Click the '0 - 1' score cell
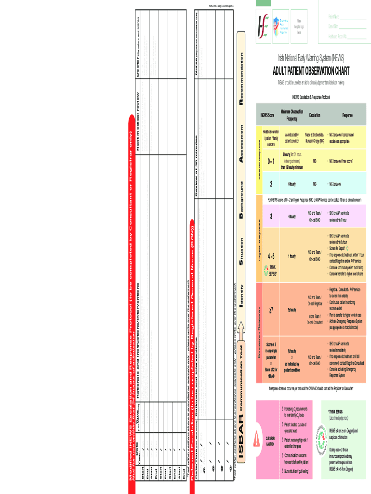[271, 161]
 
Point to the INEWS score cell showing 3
[271, 216]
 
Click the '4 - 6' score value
[271, 256]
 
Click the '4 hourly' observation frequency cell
[292, 216]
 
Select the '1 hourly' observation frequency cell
[292, 256]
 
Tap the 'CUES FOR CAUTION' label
[270, 440]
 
